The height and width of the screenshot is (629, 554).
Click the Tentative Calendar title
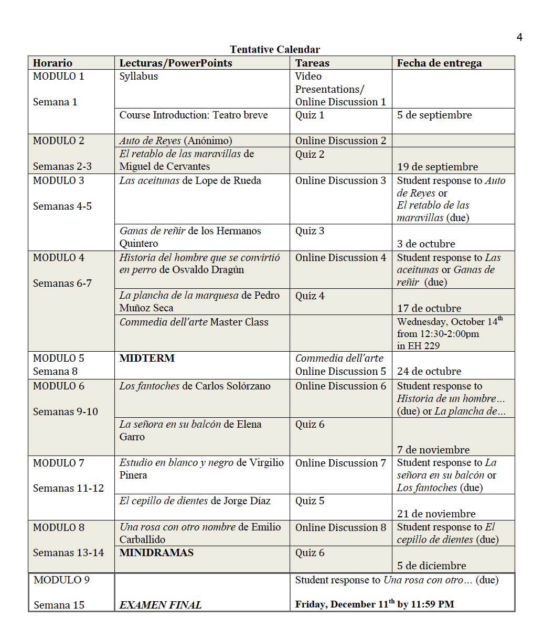pyautogui.click(x=274, y=49)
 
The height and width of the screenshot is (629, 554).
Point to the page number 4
pyautogui.click(x=519, y=37)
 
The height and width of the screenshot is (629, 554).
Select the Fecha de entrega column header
pyautogui.click(x=439, y=63)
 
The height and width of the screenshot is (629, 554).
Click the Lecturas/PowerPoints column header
pyautogui.click(x=176, y=63)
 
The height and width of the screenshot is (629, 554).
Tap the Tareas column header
pyautogui.click(x=312, y=63)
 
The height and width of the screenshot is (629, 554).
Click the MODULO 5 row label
pyautogui.click(x=58, y=358)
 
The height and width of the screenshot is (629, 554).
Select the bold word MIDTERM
pyautogui.click(x=147, y=358)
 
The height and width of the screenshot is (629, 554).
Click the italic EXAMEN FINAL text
pyautogui.click(x=161, y=605)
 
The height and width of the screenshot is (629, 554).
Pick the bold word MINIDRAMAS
pyautogui.click(x=156, y=552)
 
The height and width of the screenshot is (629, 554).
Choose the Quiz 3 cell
pyautogui.click(x=310, y=231)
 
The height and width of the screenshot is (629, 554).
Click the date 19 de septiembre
pyautogui.click(x=438, y=167)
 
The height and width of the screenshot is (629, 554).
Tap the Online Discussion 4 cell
pyautogui.click(x=340, y=257)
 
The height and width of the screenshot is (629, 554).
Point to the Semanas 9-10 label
pyautogui.click(x=66, y=411)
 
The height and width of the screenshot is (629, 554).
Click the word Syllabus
pyautogui.click(x=138, y=76)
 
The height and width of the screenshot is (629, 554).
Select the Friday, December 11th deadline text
pyautogui.click(x=375, y=604)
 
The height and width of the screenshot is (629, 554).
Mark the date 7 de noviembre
pyautogui.click(x=433, y=450)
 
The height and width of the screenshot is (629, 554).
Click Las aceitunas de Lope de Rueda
pyautogui.click(x=190, y=180)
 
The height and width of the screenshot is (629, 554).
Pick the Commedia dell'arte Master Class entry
pyautogui.click(x=194, y=322)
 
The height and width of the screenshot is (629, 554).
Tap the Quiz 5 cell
pyautogui.click(x=310, y=501)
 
